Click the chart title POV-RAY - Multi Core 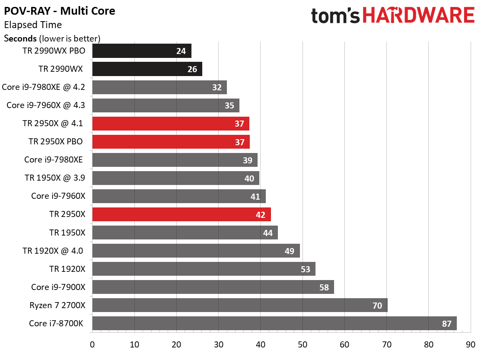point(60,11)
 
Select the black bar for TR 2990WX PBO point(142,51)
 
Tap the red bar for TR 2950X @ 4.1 point(171,124)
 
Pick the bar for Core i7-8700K point(274,323)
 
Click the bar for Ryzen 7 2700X point(240,305)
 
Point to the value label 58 point(324,287)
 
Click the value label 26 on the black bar point(192,69)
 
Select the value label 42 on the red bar point(261,215)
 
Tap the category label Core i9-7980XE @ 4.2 point(43,87)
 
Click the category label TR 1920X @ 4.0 point(53,251)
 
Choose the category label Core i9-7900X point(58,287)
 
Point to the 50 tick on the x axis point(303,345)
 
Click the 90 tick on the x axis point(471,345)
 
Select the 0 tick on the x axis point(92,345)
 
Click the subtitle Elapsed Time point(33,25)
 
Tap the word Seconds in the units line point(20,38)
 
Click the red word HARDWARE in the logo point(419,15)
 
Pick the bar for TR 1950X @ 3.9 point(176,178)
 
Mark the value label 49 point(289,251)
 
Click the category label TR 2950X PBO point(55,141)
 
